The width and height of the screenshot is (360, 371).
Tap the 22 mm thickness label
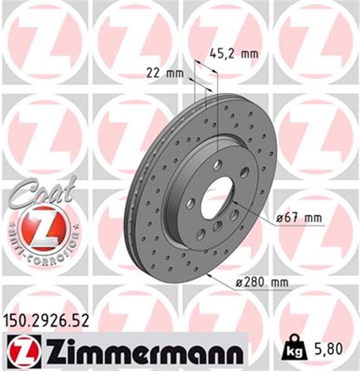pos(162,73)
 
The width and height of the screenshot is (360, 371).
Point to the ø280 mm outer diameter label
pos(263,282)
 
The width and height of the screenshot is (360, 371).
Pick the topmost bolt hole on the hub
pos(217,165)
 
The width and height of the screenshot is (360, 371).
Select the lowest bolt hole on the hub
pos(201,234)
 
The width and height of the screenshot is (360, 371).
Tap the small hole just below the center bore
pos(217,226)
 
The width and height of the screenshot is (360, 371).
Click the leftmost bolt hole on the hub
pos(191,203)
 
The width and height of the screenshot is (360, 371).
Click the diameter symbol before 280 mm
pos(239,282)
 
